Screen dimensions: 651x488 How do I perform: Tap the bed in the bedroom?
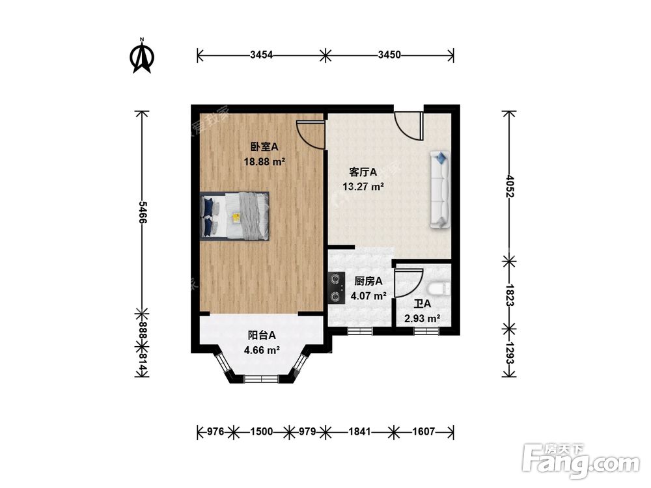[x=234, y=216]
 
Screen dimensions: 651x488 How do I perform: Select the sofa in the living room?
[x=440, y=189]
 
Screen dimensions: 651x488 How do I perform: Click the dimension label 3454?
[x=261, y=55]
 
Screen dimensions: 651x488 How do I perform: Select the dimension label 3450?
[x=389, y=55]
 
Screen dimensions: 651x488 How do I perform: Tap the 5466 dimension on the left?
[x=142, y=213]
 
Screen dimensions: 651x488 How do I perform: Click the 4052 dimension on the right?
[x=510, y=186]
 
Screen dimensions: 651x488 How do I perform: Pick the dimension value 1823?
[x=510, y=295]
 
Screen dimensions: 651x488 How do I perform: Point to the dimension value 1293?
[x=510, y=353]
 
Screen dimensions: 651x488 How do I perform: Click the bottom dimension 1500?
[x=262, y=432]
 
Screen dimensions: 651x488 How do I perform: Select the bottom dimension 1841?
[x=359, y=432]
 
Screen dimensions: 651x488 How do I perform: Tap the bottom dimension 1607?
[x=424, y=432]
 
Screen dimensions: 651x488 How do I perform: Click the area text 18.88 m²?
[x=264, y=161]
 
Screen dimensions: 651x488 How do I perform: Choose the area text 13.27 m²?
[x=363, y=186]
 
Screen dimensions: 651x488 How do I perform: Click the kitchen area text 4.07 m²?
[x=368, y=296]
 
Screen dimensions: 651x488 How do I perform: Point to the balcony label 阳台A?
[x=262, y=335]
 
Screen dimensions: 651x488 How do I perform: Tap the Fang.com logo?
[x=581, y=461]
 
